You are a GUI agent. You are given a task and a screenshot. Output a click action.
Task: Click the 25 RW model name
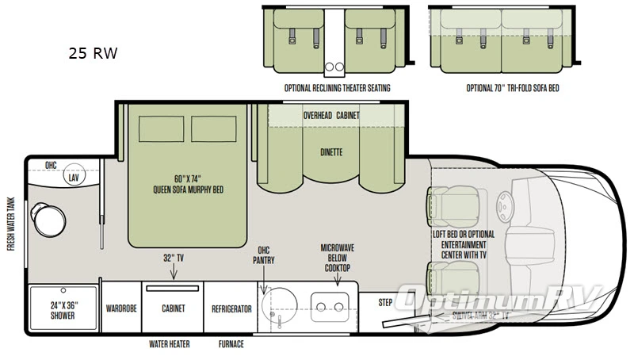click(93, 55)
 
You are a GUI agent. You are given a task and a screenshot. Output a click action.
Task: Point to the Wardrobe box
click(121, 308)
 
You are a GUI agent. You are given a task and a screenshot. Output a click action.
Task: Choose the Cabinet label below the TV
click(173, 308)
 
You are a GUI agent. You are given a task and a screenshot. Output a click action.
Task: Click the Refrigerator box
click(231, 308)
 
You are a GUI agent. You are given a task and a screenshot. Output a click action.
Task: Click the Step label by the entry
click(385, 302)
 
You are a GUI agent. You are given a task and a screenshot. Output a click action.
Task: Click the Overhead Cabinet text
click(331, 116)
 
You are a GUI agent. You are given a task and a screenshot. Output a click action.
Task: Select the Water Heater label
click(169, 344)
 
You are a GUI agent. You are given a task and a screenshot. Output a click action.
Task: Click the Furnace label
click(231, 344)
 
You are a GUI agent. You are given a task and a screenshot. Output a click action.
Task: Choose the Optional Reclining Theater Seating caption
click(337, 88)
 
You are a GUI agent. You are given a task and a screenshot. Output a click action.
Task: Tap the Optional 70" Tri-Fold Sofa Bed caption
click(513, 88)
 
